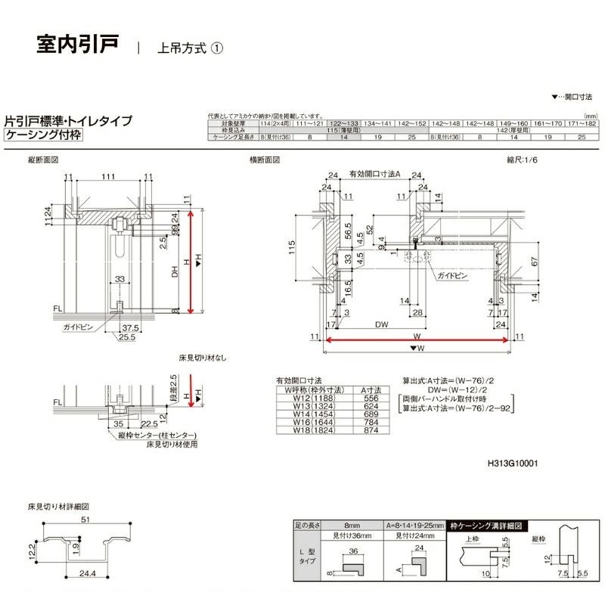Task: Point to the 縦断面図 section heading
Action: [43, 161]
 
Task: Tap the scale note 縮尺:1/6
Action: [524, 160]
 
